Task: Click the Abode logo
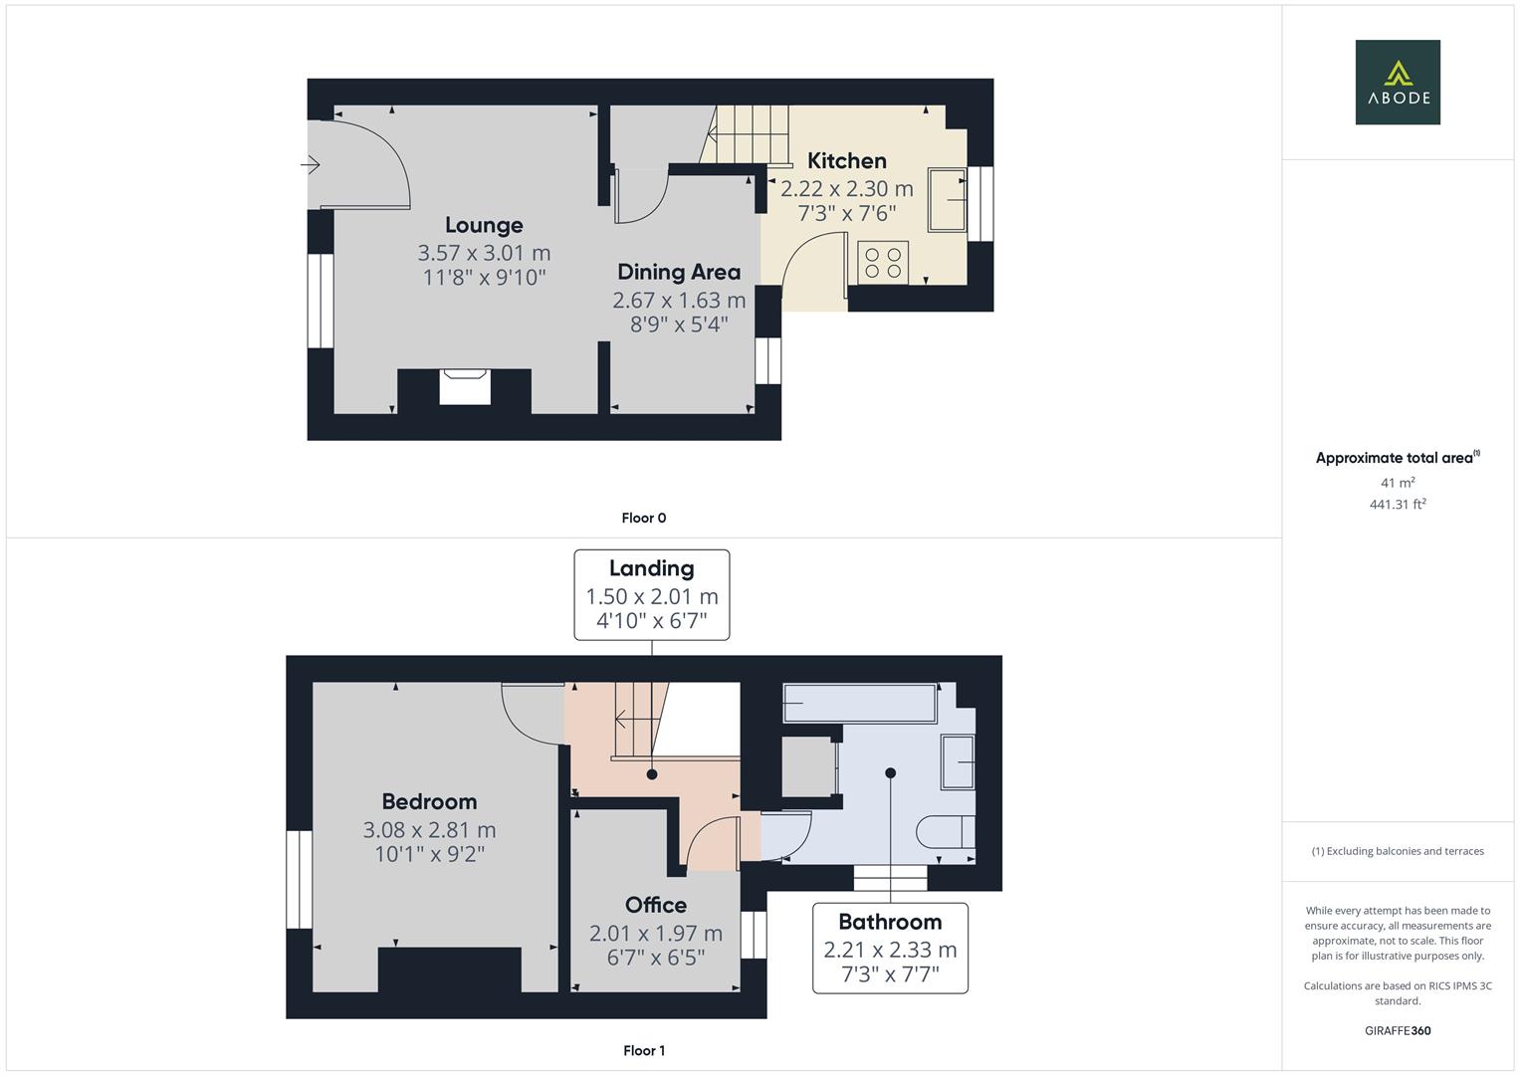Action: point(1398,83)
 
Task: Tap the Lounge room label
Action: point(484,226)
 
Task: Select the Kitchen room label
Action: point(846,161)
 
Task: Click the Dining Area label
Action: point(679,273)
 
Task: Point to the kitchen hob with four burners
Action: point(883,262)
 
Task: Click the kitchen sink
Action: point(948,200)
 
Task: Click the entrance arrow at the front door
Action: point(312,164)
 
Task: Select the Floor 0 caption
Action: point(644,518)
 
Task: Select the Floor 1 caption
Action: point(644,1050)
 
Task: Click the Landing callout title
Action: point(651,568)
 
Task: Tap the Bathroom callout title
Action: point(890,922)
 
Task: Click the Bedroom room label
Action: point(429,802)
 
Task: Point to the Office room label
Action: point(656,905)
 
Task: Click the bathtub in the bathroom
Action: point(859,704)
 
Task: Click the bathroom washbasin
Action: point(958,761)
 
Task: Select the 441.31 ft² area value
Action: point(1398,505)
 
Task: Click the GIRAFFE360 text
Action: point(1398,1030)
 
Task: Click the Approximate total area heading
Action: point(1396,458)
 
